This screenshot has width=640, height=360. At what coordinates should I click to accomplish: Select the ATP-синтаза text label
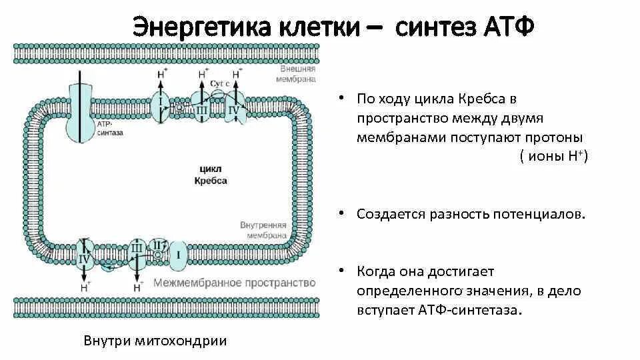point(109,129)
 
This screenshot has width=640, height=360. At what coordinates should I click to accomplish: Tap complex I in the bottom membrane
point(179,255)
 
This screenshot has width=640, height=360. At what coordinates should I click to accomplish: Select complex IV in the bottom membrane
point(85,257)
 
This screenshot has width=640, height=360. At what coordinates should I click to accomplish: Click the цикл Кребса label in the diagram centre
point(211,175)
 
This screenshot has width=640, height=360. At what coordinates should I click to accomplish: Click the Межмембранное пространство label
point(234,283)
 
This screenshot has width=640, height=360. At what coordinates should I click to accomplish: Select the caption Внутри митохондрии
point(155,341)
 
